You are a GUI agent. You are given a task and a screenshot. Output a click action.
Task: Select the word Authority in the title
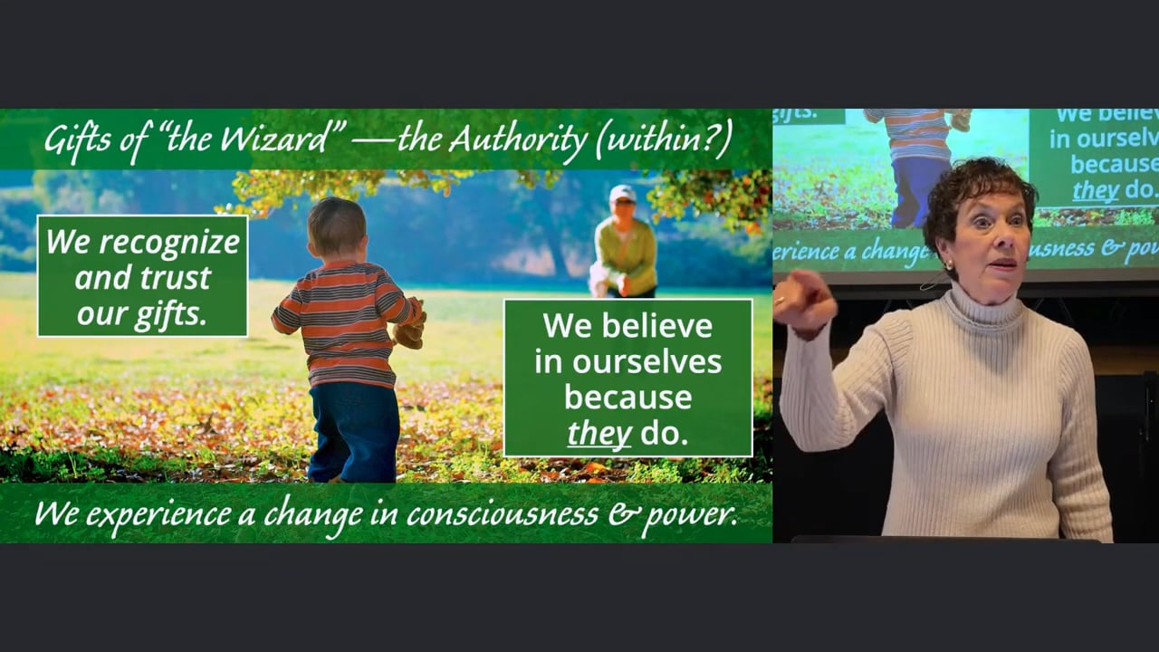[x=518, y=139]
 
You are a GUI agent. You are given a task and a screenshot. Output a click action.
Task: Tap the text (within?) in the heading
[x=664, y=139]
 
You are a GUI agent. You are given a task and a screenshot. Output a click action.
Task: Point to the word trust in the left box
[x=176, y=278]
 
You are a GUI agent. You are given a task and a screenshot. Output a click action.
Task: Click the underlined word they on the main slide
[x=599, y=434]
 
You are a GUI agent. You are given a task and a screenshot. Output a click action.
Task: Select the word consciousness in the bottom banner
[x=502, y=513]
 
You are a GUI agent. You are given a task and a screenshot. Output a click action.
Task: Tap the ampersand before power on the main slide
[x=619, y=513]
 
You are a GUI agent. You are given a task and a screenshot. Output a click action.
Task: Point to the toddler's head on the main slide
[x=337, y=227]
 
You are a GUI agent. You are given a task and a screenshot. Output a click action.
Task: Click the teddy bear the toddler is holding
[x=410, y=326]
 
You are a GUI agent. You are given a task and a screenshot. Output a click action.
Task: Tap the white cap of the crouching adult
[x=622, y=193]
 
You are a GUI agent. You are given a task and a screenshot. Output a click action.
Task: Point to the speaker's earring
[x=949, y=265]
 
